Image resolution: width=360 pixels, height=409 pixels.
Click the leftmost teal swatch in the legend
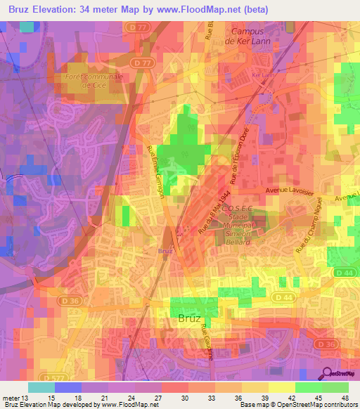pyautogui.click(x=41, y=387)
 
